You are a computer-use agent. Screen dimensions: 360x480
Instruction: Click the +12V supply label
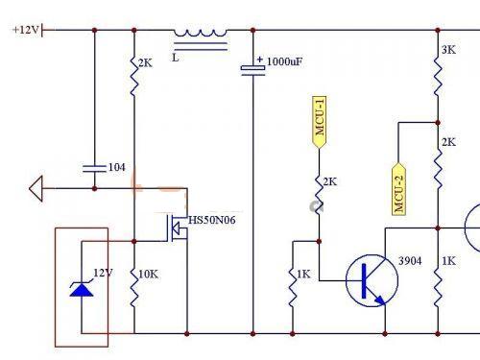click(26, 29)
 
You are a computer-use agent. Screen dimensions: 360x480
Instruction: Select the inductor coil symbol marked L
click(201, 35)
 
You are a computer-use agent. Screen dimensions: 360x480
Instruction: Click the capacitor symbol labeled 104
click(94, 167)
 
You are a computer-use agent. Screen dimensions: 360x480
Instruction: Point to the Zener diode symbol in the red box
click(82, 287)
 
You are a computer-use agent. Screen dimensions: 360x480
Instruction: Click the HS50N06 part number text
click(212, 220)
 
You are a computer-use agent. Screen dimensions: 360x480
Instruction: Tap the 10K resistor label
click(149, 274)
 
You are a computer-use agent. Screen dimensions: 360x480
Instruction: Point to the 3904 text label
click(410, 260)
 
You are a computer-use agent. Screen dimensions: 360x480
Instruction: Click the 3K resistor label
click(448, 50)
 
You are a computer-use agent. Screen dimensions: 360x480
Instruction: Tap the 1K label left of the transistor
click(303, 274)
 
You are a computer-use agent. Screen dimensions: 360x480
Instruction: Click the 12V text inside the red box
click(103, 273)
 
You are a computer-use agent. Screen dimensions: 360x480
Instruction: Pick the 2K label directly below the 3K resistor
click(448, 142)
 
